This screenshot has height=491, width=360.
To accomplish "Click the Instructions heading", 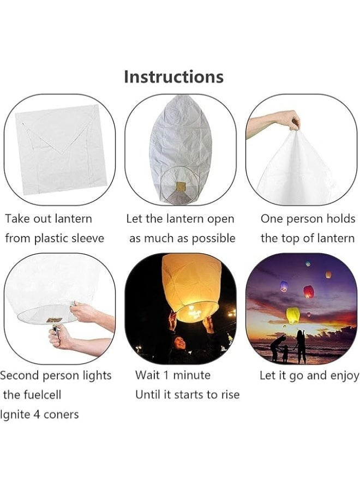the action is tap(174, 77).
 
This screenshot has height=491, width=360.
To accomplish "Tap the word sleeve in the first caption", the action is tap(88, 238).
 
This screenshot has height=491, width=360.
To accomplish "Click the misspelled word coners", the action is tap(61, 415).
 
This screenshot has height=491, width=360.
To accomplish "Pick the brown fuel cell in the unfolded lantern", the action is tap(181, 187).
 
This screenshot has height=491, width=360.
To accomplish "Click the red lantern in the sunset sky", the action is tap(308, 291).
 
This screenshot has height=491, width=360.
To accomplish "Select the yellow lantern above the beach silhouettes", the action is tap(293, 315).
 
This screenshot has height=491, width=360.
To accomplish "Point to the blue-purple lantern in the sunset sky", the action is tap(284, 286).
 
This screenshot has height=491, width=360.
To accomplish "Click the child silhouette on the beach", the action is tap(285, 354).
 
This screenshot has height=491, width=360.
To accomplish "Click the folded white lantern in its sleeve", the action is tap(61, 149).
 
